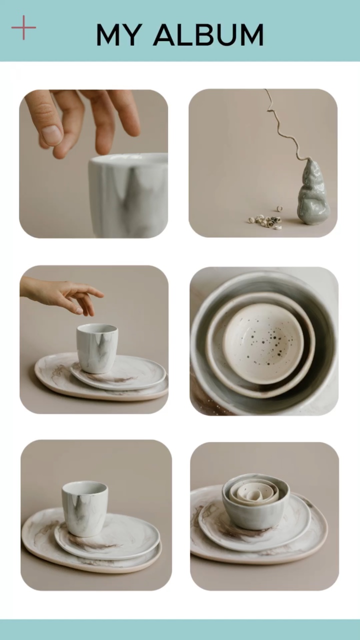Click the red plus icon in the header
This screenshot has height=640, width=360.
coord(23,27)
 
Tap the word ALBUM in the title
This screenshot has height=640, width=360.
coord(208,35)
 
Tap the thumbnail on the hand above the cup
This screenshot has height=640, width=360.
coord(51,134)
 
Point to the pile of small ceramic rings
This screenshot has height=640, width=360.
coord(265,221)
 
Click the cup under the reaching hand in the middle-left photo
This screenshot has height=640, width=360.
coord(97,348)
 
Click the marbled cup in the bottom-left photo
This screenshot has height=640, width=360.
coord(85,509)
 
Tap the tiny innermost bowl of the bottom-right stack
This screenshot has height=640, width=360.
coord(255,495)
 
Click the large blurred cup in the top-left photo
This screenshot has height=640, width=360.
coord(128,195)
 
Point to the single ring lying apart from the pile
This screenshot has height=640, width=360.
coord(279,208)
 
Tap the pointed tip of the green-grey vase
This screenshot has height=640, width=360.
coord(309,161)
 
